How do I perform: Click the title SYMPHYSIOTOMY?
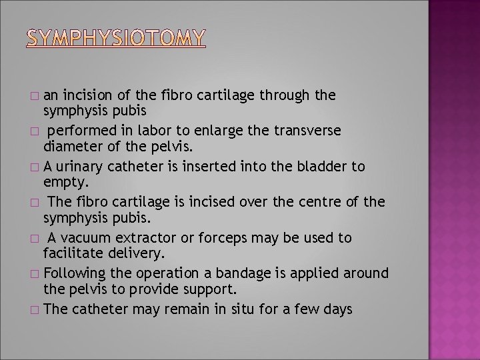coord(115,39)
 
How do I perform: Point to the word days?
coord(338,309)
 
